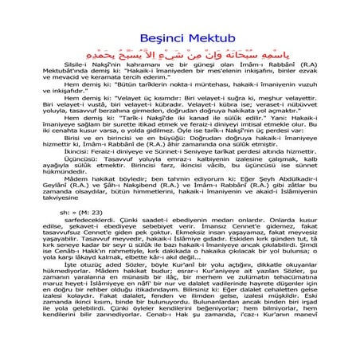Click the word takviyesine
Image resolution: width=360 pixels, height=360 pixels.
50,248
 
